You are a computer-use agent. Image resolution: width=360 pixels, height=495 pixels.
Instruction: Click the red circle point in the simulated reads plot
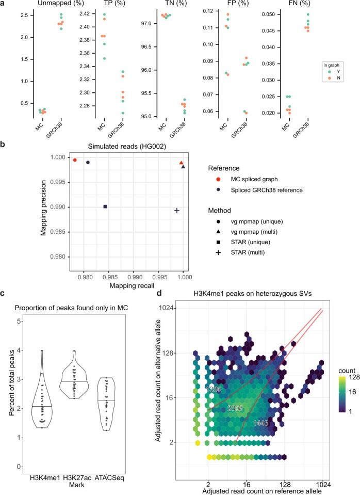[75, 160]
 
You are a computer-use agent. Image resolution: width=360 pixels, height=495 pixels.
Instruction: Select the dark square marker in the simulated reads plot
[105, 206]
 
